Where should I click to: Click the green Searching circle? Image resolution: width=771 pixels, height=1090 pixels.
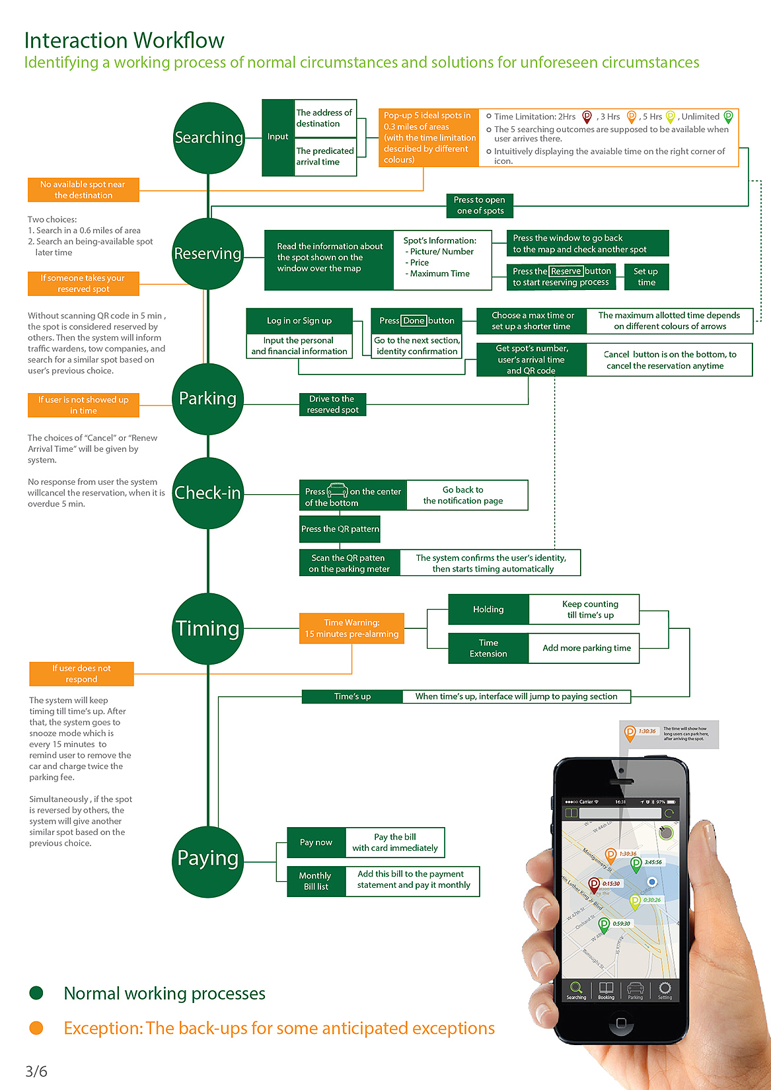(x=209, y=138)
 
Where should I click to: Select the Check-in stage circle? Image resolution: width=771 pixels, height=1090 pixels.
(x=208, y=493)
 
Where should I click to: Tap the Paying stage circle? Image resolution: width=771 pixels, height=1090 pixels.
(x=208, y=859)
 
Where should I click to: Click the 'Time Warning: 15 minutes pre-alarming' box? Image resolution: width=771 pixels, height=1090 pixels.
(x=351, y=628)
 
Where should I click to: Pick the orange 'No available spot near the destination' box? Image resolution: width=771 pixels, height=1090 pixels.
(x=83, y=190)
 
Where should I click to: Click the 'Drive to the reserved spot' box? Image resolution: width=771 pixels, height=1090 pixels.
(x=332, y=404)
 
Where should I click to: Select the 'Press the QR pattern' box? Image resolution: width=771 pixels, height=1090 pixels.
(x=340, y=529)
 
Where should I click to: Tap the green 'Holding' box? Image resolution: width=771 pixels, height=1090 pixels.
(x=488, y=610)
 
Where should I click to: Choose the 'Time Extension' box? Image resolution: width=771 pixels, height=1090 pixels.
(x=488, y=648)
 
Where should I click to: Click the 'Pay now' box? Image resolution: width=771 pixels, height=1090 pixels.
(x=316, y=842)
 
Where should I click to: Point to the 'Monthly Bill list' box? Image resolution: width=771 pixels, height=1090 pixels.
(x=316, y=881)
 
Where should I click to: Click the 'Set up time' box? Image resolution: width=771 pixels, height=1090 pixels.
(x=646, y=277)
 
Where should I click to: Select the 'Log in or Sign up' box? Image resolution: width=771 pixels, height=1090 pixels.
(x=299, y=321)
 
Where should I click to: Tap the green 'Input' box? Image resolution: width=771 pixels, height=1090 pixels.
(x=278, y=137)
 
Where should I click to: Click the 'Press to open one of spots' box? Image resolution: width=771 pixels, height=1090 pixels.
(x=480, y=205)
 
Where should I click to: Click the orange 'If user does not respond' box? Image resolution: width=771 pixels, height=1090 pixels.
(x=81, y=674)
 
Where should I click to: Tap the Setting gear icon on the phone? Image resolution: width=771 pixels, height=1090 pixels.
(x=665, y=988)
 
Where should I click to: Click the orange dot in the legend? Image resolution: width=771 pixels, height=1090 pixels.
(x=36, y=1028)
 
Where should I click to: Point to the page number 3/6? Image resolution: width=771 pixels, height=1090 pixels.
(x=36, y=1072)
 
